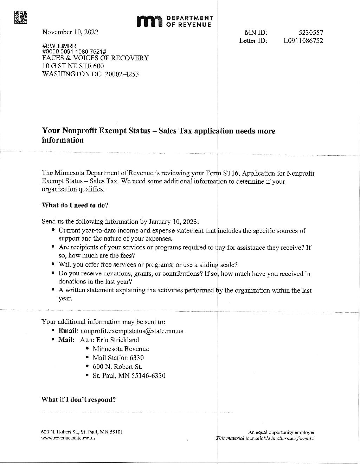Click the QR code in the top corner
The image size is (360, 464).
pos(20,17)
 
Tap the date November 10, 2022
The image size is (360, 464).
pos(70,32)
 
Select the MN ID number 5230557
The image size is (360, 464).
pos(311,33)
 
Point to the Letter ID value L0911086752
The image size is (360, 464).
pos(303,40)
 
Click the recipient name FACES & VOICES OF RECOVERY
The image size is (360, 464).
pos(95,58)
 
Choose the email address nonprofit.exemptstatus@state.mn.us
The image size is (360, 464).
pos(131,331)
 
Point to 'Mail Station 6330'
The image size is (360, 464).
pos(118,358)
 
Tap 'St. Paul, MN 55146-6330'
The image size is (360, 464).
pos(129,375)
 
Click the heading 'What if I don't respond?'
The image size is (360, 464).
pos(79,399)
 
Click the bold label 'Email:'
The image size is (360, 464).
pos(68,331)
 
